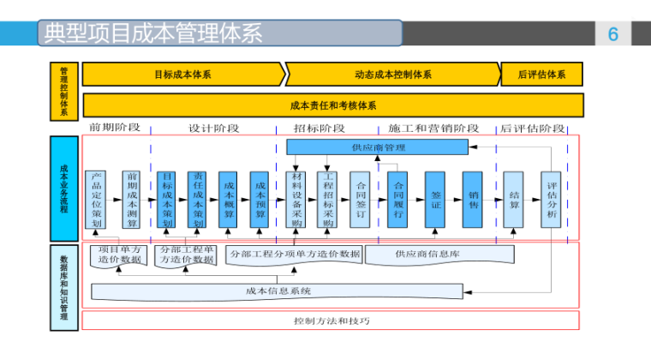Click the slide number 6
(612, 34)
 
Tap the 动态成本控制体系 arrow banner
(392, 75)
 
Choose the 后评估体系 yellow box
(541, 75)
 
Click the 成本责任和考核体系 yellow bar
(332, 105)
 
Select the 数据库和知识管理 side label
(64, 287)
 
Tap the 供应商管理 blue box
(378, 147)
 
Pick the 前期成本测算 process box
(131, 199)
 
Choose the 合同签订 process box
(360, 199)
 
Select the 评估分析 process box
(551, 199)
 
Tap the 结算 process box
(513, 199)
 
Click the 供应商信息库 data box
(439, 255)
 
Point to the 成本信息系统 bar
(278, 291)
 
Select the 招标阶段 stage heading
(320, 129)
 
